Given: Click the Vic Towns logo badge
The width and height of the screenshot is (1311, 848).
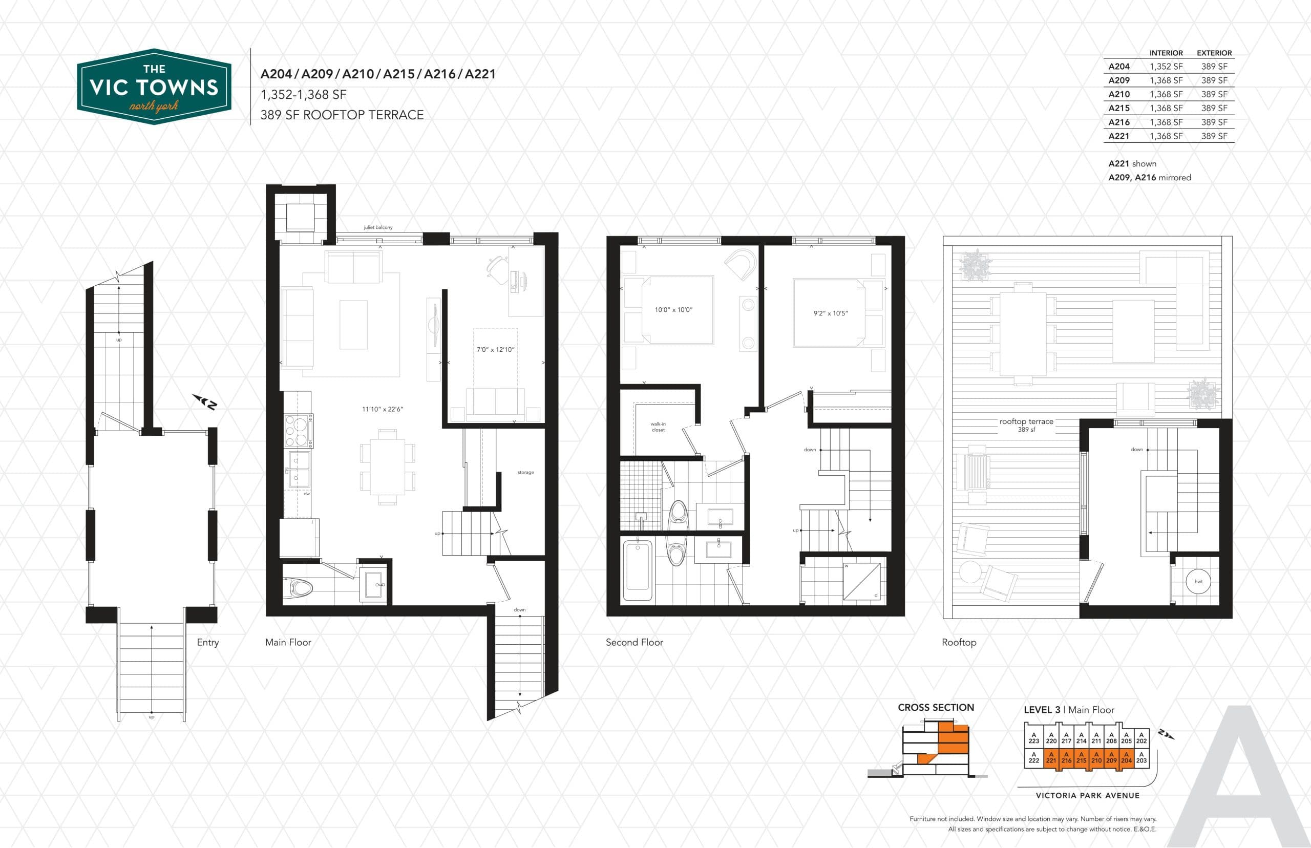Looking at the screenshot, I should [154, 87].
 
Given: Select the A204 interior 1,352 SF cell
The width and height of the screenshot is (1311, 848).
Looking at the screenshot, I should [1166, 67].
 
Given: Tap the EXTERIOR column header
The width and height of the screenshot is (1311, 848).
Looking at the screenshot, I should [1214, 53].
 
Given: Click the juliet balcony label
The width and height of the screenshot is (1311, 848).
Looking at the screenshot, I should [378, 227].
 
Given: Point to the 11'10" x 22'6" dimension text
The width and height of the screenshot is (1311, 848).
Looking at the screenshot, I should [383, 409].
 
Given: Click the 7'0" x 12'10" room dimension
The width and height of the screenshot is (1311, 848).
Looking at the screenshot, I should [496, 349].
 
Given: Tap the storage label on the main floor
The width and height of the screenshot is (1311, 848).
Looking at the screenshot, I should [525, 473].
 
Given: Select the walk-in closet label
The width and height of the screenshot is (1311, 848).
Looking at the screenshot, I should [658, 427].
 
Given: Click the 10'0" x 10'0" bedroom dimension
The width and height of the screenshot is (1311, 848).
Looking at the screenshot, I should [673, 310].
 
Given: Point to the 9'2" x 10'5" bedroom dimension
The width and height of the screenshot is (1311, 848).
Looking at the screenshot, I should [830, 313].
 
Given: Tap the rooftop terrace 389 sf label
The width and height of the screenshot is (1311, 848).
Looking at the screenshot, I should [1026, 425].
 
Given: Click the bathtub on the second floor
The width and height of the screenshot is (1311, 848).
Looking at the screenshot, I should [638, 571].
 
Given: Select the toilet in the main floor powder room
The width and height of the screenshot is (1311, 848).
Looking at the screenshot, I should [298, 588].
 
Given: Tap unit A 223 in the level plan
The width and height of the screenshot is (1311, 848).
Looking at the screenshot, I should [1033, 737].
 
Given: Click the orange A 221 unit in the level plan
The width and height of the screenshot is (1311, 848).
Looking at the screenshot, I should [1051, 758].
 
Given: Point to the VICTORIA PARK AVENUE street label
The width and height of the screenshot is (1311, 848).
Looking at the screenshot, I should [1087, 795].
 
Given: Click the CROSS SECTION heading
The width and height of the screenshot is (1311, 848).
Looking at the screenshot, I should [936, 708].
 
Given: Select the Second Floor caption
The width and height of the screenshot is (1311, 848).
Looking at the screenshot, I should [635, 642].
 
